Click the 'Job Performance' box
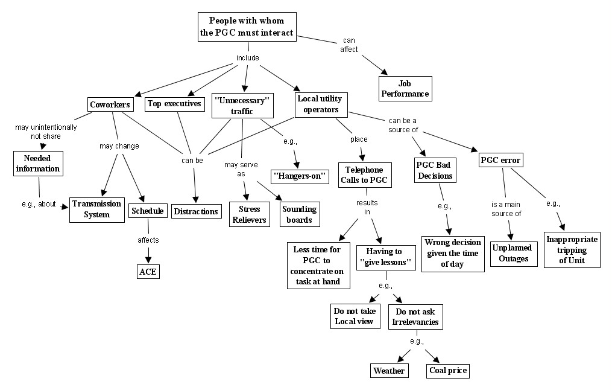405,88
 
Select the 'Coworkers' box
110,104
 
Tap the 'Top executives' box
174,104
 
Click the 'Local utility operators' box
321,104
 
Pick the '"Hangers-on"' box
300,176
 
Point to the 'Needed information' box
37,162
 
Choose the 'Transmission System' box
96,209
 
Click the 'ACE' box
148,272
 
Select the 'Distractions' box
196,211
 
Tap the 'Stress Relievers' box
249,214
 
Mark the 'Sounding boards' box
300,214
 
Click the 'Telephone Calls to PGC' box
364,174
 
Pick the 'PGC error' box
500,161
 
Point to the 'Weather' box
389,370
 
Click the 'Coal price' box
447,370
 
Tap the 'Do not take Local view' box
355,316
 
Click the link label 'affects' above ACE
148,240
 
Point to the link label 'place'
359,139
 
